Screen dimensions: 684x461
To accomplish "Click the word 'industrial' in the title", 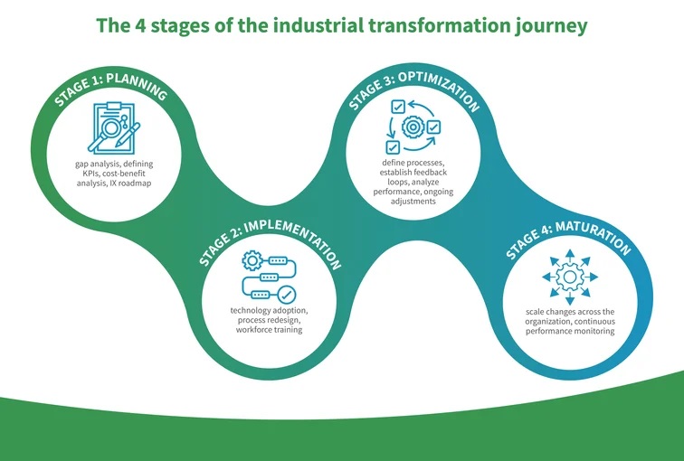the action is pyautogui.click(x=318, y=25).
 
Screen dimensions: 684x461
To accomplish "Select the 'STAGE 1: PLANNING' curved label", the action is pyautogui.click(x=110, y=89).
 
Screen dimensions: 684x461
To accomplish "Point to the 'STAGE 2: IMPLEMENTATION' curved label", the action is pyautogui.click(x=270, y=242).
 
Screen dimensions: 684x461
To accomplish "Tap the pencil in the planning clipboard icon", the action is pyautogui.click(x=128, y=134).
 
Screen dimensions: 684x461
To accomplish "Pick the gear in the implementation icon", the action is pyautogui.click(x=252, y=260).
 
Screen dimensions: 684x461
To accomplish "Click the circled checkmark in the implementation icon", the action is pyautogui.click(x=286, y=295).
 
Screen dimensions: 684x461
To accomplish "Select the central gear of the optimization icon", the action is pyautogui.click(x=413, y=127).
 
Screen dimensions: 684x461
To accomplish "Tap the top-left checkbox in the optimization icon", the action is pyautogui.click(x=398, y=107).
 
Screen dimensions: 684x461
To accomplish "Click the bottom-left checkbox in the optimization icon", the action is pyautogui.click(x=393, y=146).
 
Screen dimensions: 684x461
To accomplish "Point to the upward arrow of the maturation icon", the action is pyautogui.click(x=570, y=255).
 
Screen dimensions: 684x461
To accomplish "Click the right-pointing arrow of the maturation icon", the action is pyautogui.click(x=592, y=277).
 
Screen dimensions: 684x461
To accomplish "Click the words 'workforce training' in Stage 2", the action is pyautogui.click(x=269, y=330).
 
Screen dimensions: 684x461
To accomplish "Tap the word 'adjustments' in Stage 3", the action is pyautogui.click(x=413, y=202).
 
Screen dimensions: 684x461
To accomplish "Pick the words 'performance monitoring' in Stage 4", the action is pyautogui.click(x=570, y=331).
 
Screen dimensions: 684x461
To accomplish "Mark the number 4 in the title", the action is pyautogui.click(x=138, y=25).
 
